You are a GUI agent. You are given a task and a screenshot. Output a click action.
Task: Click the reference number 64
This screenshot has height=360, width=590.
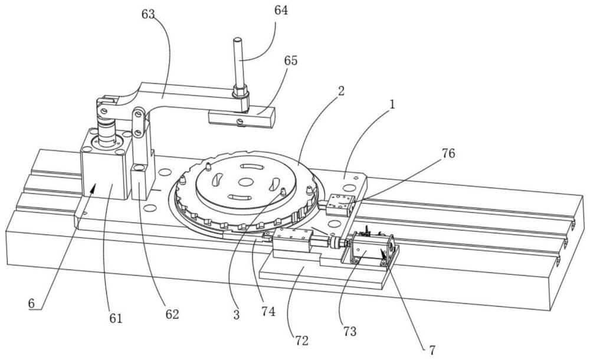[281, 10]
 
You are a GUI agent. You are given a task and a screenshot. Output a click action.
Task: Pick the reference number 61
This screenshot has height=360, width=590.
[116, 319]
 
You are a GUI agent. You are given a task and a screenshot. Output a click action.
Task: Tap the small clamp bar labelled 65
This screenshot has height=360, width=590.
[242, 117]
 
